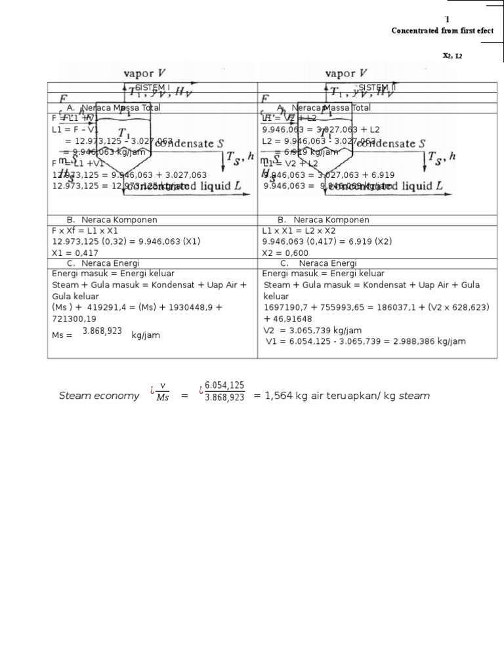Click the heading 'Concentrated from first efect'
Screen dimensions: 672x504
[x=442, y=31]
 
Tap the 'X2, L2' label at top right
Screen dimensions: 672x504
[x=452, y=56]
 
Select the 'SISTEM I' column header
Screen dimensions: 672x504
[x=152, y=87]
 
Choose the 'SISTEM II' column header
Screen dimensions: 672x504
[x=377, y=87]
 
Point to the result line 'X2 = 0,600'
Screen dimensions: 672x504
[x=285, y=252]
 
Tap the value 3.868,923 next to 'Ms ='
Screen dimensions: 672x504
[x=102, y=332]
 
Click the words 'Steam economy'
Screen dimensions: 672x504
[x=99, y=396]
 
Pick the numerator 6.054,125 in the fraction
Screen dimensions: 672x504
[x=224, y=386]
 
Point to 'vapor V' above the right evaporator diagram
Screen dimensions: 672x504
[x=346, y=73]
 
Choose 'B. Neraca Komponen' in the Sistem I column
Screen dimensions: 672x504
[x=112, y=220]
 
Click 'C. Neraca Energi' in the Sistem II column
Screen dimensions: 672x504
[x=318, y=263]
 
